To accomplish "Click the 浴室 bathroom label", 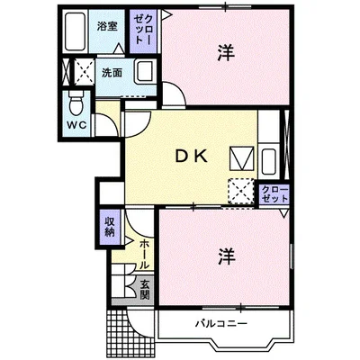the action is click(x=107, y=27).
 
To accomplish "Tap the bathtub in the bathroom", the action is click(x=75, y=31).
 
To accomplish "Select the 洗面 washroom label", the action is click(x=112, y=73).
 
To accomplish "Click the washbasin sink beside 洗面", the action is click(x=145, y=72).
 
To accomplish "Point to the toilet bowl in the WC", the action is click(x=76, y=103).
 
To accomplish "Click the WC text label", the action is click(x=76, y=125).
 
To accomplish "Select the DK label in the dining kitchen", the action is click(x=192, y=157).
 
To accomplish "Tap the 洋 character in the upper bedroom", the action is click(x=226, y=53).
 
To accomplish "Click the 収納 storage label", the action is click(x=110, y=227).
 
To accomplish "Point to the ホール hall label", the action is click(x=144, y=255).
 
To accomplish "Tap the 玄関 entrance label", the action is click(x=145, y=290).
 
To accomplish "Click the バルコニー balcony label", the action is click(x=221, y=324).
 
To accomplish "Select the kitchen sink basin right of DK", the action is click(x=269, y=161).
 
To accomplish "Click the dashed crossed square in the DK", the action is click(x=241, y=191).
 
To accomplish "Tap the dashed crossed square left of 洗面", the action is click(x=84, y=71).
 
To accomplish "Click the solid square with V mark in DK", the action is click(x=242, y=158).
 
